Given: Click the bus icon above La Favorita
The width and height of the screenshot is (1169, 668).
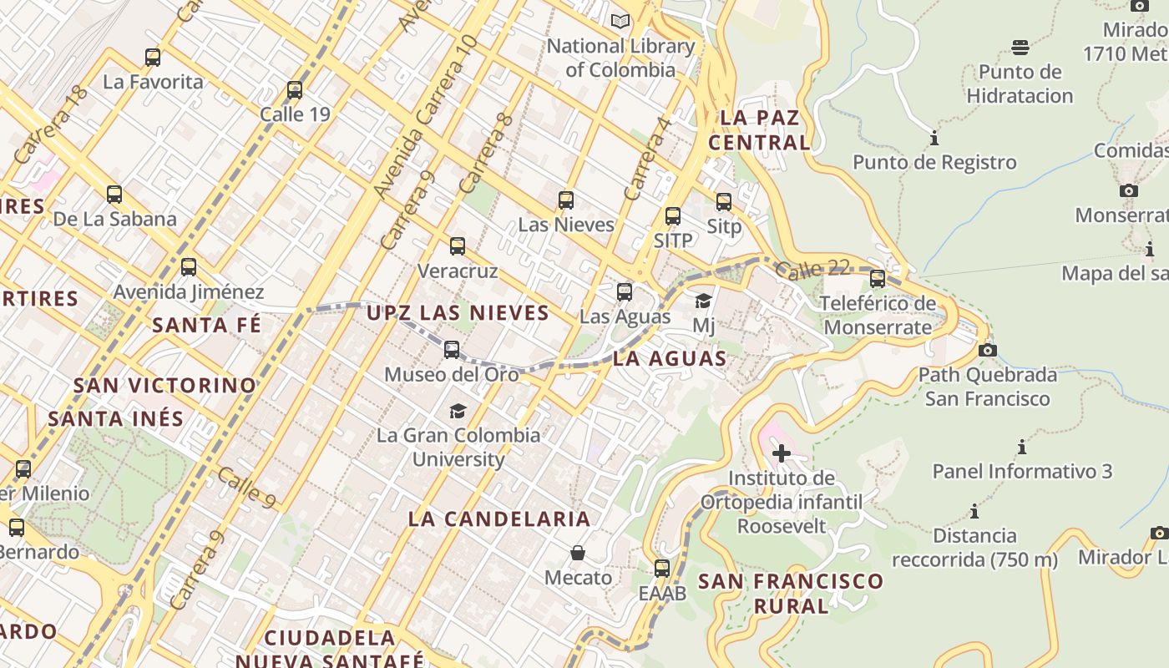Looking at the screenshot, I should (152, 58).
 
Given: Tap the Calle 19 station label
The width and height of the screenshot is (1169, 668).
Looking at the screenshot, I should (295, 114).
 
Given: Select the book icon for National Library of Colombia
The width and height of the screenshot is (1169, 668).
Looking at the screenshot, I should (620, 21).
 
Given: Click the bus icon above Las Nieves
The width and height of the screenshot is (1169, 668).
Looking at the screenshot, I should (566, 200).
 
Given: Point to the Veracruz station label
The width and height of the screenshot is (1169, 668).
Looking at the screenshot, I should (457, 271).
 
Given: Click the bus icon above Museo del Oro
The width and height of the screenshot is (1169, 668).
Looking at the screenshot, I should (452, 350).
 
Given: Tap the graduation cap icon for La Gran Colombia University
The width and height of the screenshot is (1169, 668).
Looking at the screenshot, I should (458, 411).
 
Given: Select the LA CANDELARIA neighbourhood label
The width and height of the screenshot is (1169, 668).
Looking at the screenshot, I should (499, 519).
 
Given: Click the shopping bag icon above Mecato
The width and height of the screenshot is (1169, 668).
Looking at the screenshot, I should (577, 553).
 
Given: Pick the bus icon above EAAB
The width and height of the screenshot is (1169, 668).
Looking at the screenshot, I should (662, 569).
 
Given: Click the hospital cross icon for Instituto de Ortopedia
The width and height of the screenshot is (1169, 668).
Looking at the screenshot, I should (782, 454).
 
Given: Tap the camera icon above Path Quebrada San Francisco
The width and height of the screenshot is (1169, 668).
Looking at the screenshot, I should (987, 350).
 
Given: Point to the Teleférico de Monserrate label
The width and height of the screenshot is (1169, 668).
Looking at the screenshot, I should (878, 315).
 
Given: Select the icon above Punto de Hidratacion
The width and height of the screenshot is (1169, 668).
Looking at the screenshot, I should (1020, 47).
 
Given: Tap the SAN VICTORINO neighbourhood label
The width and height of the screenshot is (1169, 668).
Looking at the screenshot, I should (164, 386).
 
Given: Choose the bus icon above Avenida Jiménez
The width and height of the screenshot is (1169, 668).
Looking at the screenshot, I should (189, 267).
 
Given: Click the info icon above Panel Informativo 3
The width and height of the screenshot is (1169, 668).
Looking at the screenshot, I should (1022, 447).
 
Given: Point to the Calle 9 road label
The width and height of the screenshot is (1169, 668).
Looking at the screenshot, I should (247, 488).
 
